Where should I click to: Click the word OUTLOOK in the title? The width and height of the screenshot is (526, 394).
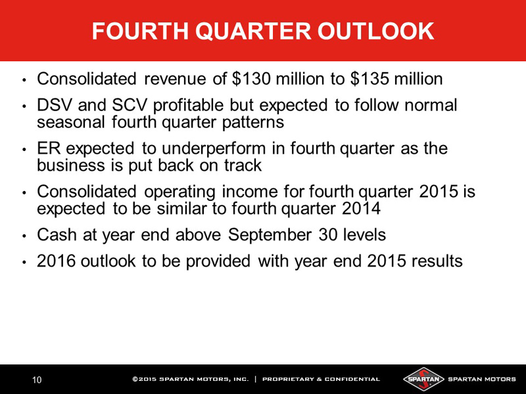tap(375, 31)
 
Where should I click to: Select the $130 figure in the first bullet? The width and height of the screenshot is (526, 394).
tap(251, 79)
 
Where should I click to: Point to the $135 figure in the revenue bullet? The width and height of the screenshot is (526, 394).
tap(370, 79)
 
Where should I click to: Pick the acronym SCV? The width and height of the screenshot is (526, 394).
tap(130, 105)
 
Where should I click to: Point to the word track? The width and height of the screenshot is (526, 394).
tap(243, 165)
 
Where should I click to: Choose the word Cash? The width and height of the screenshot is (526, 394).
tap(57, 234)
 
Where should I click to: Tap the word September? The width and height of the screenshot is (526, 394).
tap(270, 235)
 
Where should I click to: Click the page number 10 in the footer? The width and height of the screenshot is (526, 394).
tap(37, 380)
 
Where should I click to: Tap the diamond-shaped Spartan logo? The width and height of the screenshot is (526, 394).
tap(423, 380)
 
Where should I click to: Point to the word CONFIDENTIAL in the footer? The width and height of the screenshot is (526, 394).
tap(352, 380)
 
